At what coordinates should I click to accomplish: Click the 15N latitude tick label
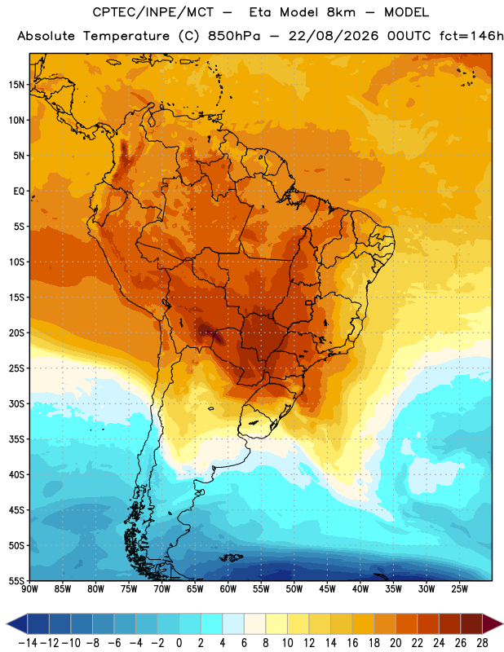(15, 85)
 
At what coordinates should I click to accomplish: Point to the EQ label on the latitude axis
(18, 192)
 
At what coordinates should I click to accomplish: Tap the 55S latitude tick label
(15, 581)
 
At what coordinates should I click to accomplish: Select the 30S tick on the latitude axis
(15, 403)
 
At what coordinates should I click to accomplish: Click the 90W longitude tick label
(29, 589)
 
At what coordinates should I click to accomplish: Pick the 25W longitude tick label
(459, 589)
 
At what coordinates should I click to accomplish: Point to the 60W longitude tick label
(228, 589)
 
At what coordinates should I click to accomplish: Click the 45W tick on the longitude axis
(327, 589)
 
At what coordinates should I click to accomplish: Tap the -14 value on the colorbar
(28, 643)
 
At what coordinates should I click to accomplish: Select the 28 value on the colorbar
(482, 643)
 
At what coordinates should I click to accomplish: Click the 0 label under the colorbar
(179, 643)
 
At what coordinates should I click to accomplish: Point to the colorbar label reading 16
(352, 643)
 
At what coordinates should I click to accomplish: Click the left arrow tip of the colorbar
(7, 623)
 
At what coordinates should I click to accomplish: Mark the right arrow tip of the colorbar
(502, 623)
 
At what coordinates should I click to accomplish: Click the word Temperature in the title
(126, 36)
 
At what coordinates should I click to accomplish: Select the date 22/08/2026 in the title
(334, 36)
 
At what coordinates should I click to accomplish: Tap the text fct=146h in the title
(471, 36)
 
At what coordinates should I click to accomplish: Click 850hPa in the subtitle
(234, 36)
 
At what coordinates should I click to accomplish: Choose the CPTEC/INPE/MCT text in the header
(153, 12)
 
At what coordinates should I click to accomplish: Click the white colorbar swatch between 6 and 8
(254, 623)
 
